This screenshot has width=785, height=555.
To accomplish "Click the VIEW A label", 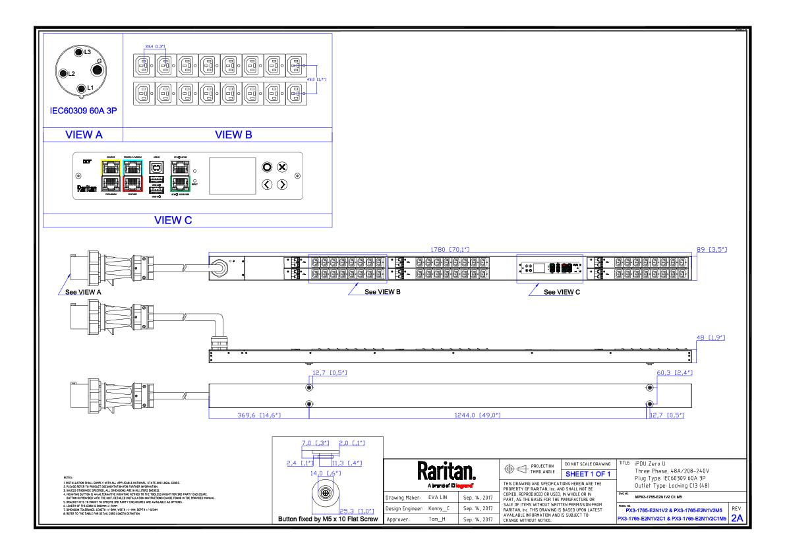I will [84, 134].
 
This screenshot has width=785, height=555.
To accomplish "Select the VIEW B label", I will [233, 134].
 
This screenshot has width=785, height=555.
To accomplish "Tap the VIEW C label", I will [173, 220].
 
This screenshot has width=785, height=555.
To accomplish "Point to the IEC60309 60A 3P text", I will [83, 111].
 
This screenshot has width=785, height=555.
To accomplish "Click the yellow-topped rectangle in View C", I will [111, 175].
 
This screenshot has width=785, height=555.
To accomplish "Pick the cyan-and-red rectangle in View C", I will [132, 175].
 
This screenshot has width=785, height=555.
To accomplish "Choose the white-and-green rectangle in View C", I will [180, 175].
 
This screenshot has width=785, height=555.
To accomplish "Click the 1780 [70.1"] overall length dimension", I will [450, 250].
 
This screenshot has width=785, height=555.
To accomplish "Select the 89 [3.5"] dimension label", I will [712, 250].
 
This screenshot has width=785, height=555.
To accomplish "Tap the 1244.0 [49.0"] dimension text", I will [478, 415].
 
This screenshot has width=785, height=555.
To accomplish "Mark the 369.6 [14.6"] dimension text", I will [259, 415].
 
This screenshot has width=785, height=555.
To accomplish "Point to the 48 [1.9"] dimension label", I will [711, 337].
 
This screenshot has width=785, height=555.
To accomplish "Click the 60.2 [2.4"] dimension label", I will [674, 373].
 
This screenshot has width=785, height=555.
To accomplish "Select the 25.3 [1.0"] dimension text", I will [357, 511].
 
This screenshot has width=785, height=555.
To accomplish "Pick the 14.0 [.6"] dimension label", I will [326, 473].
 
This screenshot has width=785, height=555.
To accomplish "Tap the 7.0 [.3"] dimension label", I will [315, 443].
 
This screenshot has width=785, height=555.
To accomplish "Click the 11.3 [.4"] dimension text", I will [347, 463].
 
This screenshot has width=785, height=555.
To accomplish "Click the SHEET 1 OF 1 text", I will [588, 475].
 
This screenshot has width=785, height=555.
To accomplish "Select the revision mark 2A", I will [737, 518].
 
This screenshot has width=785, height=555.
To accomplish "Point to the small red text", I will [464, 486].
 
